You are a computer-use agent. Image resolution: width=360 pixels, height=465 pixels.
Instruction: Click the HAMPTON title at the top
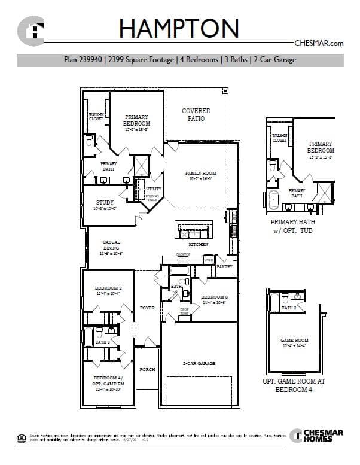pyautogui.click(x=179, y=29)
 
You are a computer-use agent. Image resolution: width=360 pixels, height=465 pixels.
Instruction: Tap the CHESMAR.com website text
pyautogui.click(x=319, y=43)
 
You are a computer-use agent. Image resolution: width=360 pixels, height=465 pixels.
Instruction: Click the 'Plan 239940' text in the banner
pyautogui.click(x=84, y=60)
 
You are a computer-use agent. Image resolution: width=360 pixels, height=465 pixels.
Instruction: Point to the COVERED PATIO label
pyautogui.click(x=196, y=114)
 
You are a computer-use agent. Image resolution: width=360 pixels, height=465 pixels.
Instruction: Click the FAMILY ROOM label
pyautogui.click(x=200, y=174)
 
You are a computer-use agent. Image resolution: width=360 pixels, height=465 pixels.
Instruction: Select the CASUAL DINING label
pyautogui.click(x=111, y=245)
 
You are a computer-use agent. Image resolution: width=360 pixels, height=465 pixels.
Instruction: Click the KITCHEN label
pyautogui.click(x=198, y=245)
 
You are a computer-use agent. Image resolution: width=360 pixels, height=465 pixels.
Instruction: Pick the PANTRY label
pyautogui.click(x=224, y=266)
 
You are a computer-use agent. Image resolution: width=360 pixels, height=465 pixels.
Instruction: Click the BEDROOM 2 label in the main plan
pyautogui.click(x=108, y=288)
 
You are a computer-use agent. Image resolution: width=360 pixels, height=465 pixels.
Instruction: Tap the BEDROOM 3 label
pyautogui.click(x=214, y=297)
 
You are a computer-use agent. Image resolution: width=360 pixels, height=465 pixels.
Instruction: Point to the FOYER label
pyautogui.click(x=147, y=308)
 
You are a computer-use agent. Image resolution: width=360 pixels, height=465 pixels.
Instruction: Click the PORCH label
pyautogui.click(x=147, y=369)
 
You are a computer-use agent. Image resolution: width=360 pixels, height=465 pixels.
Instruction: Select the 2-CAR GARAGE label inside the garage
pyautogui.click(x=199, y=363)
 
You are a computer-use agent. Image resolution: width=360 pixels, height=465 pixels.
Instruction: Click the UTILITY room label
pyautogui.click(x=154, y=189)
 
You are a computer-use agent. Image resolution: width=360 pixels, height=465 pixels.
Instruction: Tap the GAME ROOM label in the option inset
pyautogui.click(x=294, y=340)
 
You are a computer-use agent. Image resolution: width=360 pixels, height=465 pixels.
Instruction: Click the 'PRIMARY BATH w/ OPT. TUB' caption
pyautogui.click(x=292, y=226)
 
